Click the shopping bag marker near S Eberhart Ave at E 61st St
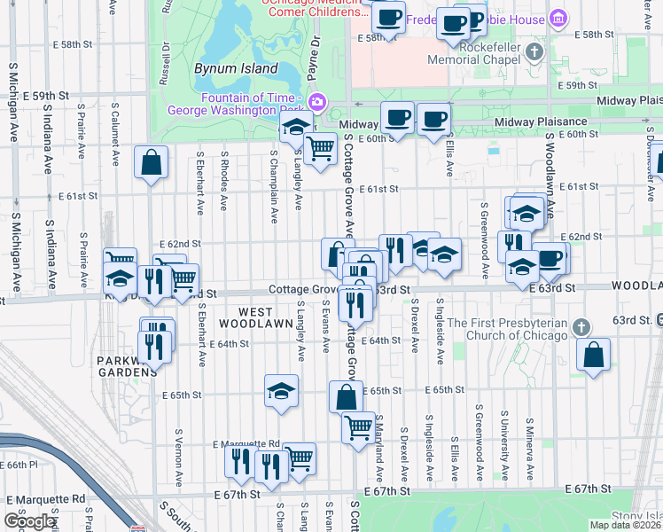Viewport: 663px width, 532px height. click(x=152, y=162)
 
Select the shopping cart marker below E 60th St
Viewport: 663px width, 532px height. click(x=320, y=148)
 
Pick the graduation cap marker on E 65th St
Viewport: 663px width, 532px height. click(x=282, y=390)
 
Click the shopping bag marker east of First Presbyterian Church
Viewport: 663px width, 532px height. click(x=593, y=355)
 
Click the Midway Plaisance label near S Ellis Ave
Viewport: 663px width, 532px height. click(x=541, y=121)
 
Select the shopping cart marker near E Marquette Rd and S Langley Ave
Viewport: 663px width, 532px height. click(x=300, y=458)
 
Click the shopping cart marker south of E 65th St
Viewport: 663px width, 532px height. click(x=359, y=427)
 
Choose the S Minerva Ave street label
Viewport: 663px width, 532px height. click(x=529, y=434)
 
